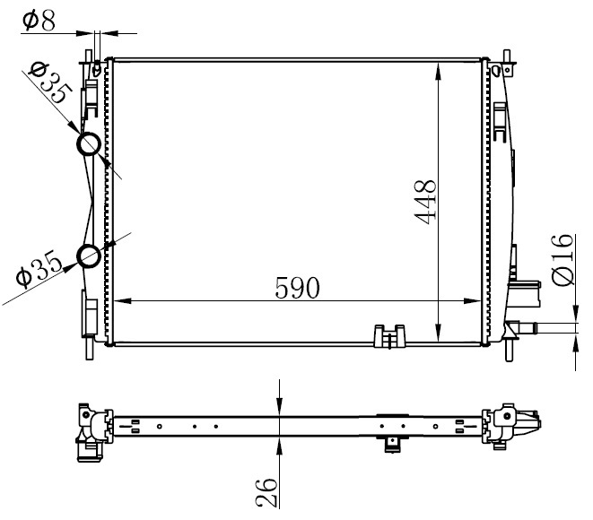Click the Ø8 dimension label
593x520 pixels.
pyautogui.click(x=39, y=22)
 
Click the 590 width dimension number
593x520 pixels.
pyautogui.click(x=297, y=288)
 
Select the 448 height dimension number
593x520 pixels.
pyautogui.click(x=426, y=202)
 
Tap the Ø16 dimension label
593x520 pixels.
pyautogui.click(x=562, y=260)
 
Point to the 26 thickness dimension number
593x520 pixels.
pyautogui.click(x=266, y=492)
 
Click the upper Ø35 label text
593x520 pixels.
pyautogui.click(x=50, y=82)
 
